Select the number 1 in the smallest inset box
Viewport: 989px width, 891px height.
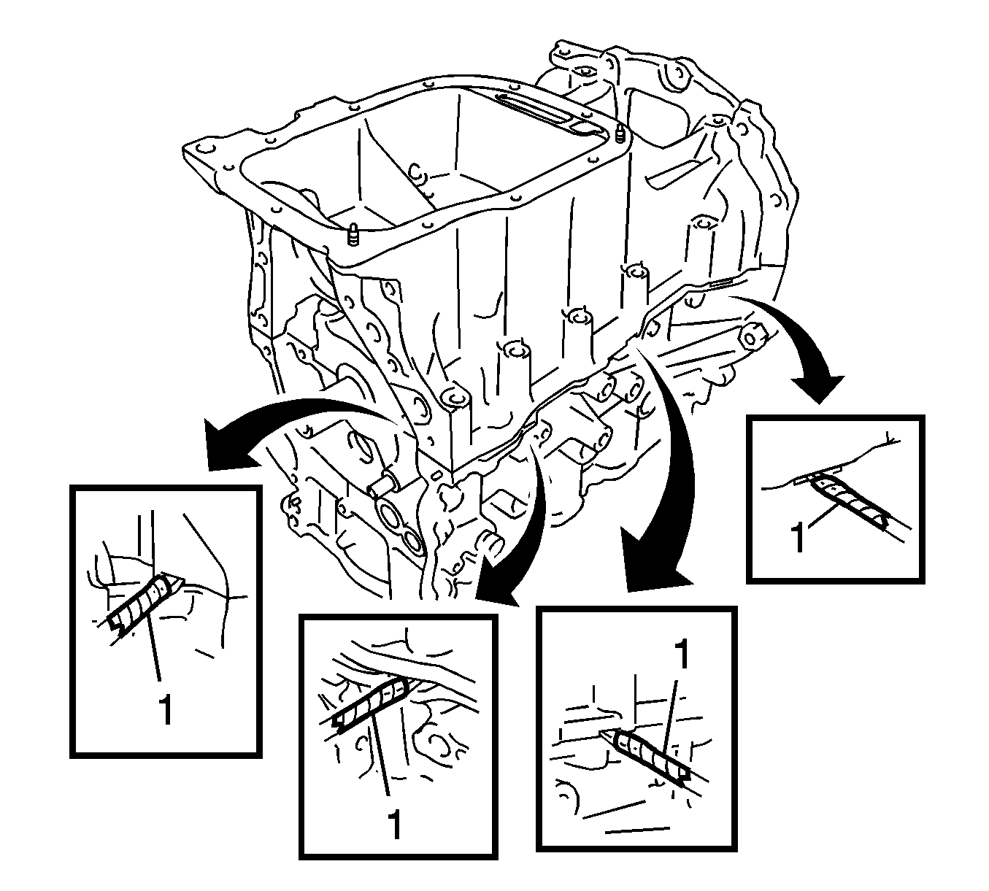798,539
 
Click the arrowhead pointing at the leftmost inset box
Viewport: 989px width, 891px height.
227,443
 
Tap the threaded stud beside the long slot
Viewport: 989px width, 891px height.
620,134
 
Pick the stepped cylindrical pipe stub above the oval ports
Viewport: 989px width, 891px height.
388,485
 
